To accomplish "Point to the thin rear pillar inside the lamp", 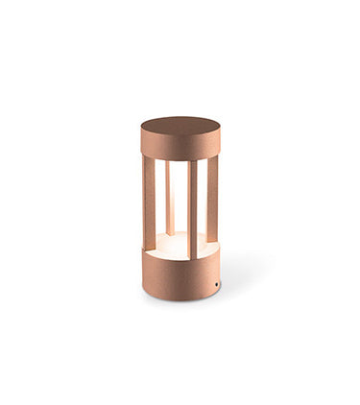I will click(x=169, y=197).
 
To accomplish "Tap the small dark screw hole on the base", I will click(x=217, y=285).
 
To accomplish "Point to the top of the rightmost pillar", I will click(x=212, y=159).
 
